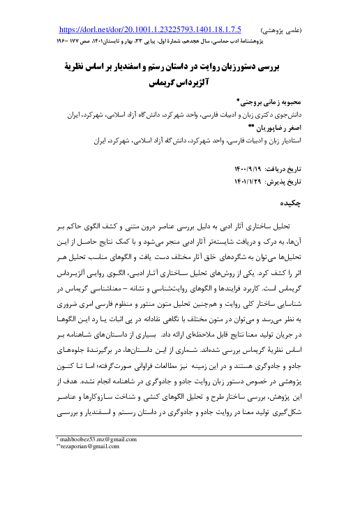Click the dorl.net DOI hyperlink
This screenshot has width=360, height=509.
(151, 30)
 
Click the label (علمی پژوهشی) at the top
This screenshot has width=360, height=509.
(280, 31)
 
